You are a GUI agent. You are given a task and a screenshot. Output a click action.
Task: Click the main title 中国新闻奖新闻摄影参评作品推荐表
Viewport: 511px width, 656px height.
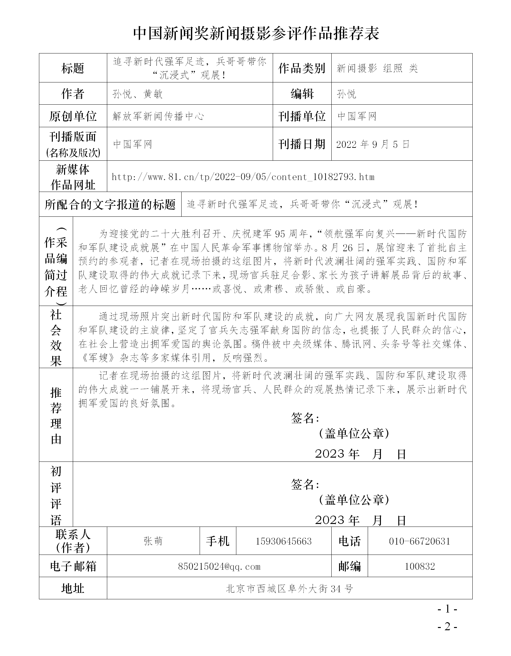pos(256,33)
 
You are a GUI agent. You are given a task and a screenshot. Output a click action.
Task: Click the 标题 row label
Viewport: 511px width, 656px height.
pos(73,68)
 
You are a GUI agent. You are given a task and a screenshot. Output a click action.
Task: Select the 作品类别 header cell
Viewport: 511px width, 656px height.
pos(302,68)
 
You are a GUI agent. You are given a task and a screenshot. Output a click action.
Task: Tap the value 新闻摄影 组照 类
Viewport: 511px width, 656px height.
pos(377,68)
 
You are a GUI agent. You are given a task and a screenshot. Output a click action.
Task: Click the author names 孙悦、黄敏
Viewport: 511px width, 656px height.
pos(137,94)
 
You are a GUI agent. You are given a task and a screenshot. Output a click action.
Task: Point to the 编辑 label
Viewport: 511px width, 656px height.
pos(302,94)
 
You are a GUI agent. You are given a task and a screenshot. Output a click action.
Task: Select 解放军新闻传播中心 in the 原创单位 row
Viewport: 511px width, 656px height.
pos(158,116)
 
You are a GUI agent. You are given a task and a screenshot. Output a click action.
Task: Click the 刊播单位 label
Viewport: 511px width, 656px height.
pos(302,116)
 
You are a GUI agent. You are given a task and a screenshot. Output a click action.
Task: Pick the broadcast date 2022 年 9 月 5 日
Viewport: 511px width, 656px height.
pos(373,144)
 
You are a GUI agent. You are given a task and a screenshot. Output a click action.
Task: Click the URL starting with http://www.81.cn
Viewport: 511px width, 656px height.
pos(243,177)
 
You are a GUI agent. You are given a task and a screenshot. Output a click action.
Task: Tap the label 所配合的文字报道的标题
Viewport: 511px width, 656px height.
pos(110,204)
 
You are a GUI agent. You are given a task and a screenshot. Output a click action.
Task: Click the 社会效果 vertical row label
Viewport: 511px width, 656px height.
pos(56,337)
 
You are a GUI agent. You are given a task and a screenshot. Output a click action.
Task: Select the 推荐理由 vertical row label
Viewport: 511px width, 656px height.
pos(56,415)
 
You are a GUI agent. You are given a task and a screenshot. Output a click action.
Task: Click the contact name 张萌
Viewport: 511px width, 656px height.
pos(153,541)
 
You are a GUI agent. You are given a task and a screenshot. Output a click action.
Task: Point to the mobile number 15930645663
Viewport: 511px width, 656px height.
pos(283,541)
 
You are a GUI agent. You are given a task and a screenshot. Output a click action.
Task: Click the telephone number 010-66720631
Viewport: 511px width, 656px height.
pos(420,541)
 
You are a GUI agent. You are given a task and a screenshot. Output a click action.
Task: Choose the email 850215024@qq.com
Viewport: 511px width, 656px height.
pos(219,566)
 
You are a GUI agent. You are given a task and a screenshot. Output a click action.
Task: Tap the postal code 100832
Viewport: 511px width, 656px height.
pos(420,566)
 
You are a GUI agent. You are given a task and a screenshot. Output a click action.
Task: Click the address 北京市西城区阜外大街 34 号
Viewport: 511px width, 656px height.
pos(289,589)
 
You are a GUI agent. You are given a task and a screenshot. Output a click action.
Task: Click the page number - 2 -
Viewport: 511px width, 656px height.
pos(448,627)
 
